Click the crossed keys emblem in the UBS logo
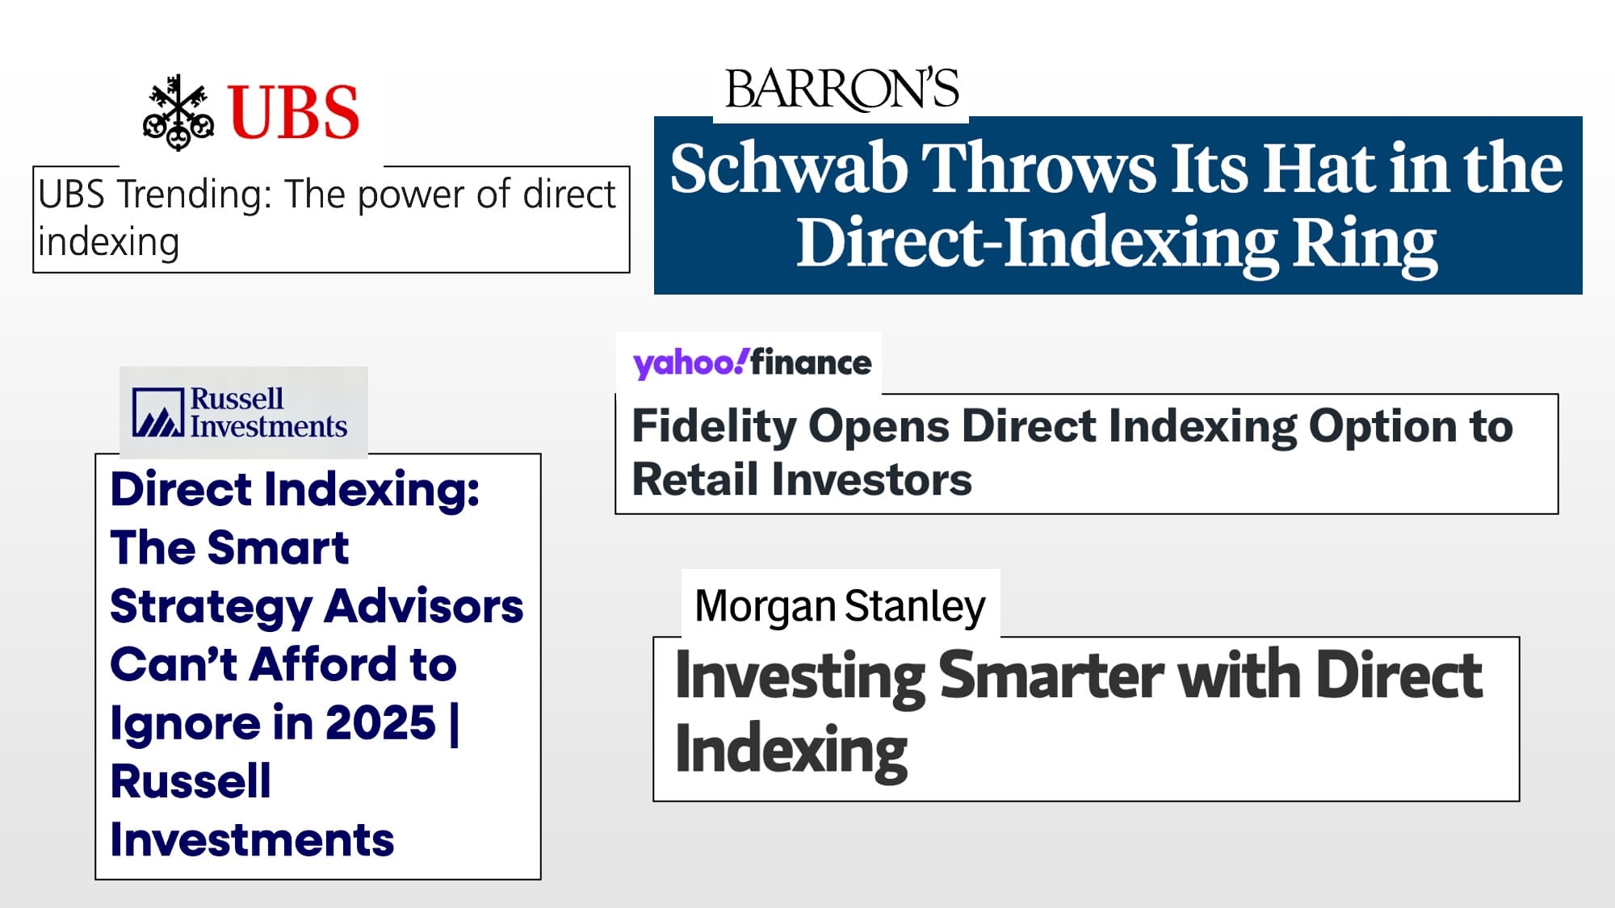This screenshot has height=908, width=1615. coord(178,112)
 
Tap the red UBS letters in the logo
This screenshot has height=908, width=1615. coord(294,112)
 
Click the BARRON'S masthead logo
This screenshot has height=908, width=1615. coord(841,89)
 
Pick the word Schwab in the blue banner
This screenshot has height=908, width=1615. coord(789,169)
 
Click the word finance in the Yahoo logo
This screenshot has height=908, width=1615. coord(811,362)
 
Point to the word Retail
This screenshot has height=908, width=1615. coord(695,479)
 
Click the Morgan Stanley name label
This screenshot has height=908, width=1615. coord(840,607)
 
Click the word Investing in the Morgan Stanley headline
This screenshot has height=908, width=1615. coord(800,677)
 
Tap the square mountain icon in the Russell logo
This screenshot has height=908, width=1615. coord(158,412)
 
